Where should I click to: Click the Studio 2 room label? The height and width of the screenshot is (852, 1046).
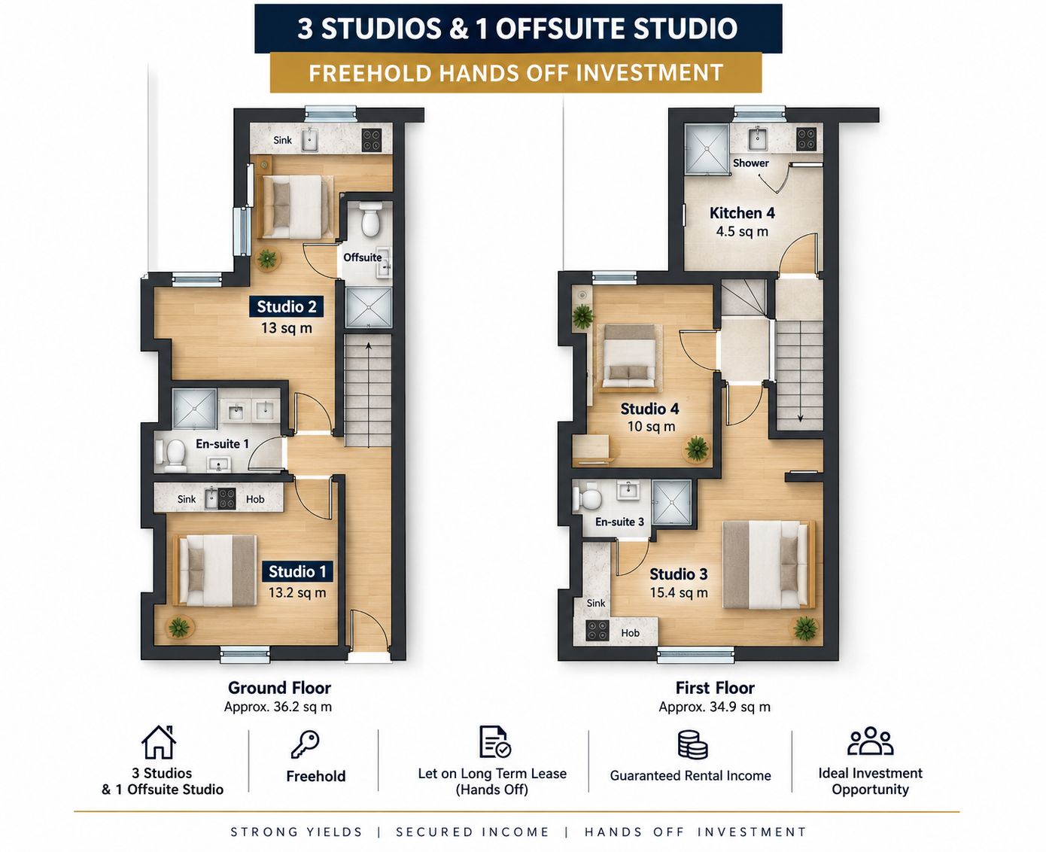(x=287, y=307)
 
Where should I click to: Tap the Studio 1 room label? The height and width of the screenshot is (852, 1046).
(x=297, y=571)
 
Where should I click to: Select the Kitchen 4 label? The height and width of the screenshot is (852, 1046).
(x=742, y=213)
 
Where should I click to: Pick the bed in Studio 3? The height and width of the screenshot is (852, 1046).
(x=768, y=564)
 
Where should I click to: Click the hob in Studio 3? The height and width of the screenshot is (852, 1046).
(x=597, y=631)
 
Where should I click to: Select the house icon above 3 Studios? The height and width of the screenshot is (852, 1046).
(x=159, y=742)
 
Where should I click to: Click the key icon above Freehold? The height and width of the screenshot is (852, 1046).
(x=305, y=744)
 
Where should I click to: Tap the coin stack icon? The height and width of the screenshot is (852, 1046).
(x=692, y=744)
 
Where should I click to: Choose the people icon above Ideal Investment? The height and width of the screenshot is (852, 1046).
(x=870, y=741)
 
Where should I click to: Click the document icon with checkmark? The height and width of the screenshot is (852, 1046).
(x=494, y=742)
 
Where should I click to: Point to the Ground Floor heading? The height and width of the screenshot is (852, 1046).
(x=279, y=688)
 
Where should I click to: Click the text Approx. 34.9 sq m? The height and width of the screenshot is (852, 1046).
(x=715, y=707)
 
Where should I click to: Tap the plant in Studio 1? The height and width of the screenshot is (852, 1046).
(x=179, y=627)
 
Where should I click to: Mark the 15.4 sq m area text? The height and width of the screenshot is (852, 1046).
(x=679, y=593)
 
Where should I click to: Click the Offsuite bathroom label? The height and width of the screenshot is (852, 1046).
(x=363, y=257)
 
